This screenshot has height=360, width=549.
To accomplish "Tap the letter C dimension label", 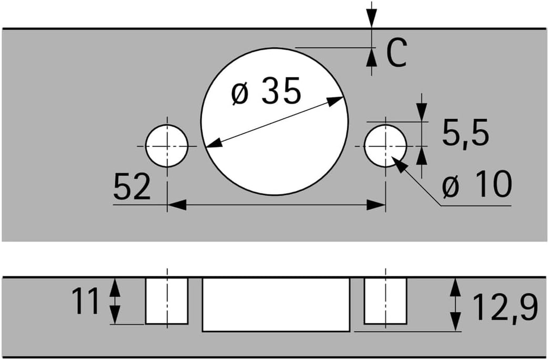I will [x=396, y=53].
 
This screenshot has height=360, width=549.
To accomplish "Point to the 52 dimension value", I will [x=132, y=188].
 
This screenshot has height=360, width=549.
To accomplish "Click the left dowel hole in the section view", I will [x=167, y=301].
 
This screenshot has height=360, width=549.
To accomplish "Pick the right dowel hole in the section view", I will [x=386, y=301].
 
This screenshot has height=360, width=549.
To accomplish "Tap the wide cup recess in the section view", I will [x=276, y=304].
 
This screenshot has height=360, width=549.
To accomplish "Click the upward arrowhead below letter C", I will [x=371, y=57].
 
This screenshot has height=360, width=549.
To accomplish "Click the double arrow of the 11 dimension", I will [x=116, y=301].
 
